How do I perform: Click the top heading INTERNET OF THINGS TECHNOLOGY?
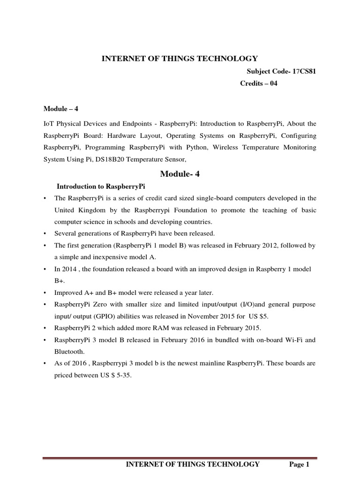[x=180, y=58]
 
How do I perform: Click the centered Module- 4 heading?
[x=180, y=174]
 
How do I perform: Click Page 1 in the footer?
[x=300, y=465]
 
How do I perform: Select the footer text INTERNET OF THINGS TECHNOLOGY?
[x=194, y=465]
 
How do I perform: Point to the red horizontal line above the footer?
[x=180, y=457]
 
